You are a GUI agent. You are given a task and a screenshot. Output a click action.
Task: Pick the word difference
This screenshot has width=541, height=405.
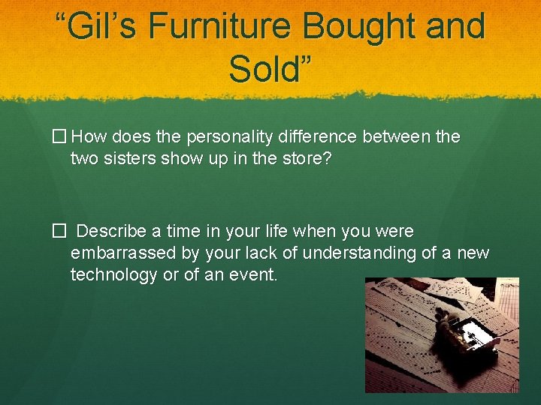pyautogui.click(x=334, y=136)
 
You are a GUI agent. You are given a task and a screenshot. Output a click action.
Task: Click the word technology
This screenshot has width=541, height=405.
pyautogui.click(x=113, y=275)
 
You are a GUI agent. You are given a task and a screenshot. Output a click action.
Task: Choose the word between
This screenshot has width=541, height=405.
pyautogui.click(x=409, y=136)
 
